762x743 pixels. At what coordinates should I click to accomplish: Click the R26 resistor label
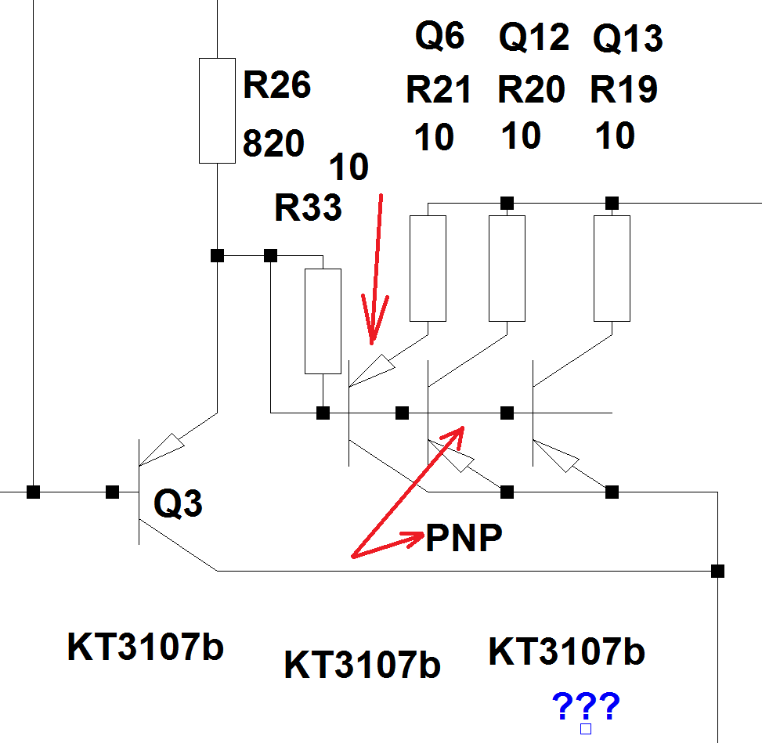pyautogui.click(x=276, y=85)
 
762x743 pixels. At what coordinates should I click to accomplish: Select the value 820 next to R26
pyautogui.click(x=273, y=143)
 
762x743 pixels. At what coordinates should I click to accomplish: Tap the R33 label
pyautogui.click(x=308, y=208)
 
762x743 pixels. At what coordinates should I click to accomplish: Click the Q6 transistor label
pyautogui.click(x=439, y=36)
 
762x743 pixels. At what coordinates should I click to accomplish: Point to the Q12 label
pyautogui.click(x=533, y=38)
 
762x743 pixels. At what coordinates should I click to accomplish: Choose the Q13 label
pyautogui.click(x=627, y=38)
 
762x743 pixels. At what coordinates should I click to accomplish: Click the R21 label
pyautogui.click(x=439, y=91)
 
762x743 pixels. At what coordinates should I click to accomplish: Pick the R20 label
pyautogui.click(x=531, y=91)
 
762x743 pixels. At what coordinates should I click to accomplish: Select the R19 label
pyautogui.click(x=623, y=91)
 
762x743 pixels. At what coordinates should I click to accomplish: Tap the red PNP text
pyautogui.click(x=463, y=539)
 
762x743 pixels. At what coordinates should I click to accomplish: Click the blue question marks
pyautogui.click(x=586, y=707)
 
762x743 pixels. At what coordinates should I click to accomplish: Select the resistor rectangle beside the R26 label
pyautogui.click(x=217, y=110)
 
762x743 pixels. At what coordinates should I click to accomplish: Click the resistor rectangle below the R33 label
pyautogui.click(x=322, y=321)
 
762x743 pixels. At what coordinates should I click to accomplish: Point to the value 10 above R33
pyautogui.click(x=348, y=167)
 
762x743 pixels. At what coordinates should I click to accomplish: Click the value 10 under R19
pyautogui.click(x=615, y=136)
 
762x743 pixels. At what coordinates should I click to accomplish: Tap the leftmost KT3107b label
pyautogui.click(x=146, y=647)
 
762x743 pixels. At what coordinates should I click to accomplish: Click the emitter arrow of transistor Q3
pyautogui.click(x=166, y=448)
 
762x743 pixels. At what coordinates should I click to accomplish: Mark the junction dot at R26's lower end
pyautogui.click(x=218, y=255)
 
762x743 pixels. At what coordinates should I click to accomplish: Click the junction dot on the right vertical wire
pyautogui.click(x=717, y=571)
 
